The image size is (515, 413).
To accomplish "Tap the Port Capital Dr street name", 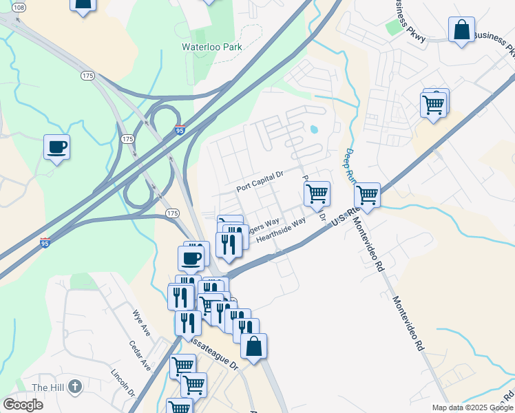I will pyautogui.click(x=260, y=183).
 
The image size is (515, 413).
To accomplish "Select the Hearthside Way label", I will pyautogui.click(x=280, y=231).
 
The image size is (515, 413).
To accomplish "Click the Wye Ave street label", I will pyautogui.click(x=142, y=321).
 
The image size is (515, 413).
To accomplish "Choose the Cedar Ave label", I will pyautogui.click(x=140, y=355).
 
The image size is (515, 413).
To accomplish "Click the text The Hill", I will pyautogui.click(x=48, y=388).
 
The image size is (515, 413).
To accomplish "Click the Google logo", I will pyautogui.click(x=23, y=404).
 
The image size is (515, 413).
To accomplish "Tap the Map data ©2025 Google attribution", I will pyautogui.click(x=472, y=407).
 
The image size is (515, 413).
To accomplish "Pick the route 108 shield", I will pyautogui.click(x=19, y=7).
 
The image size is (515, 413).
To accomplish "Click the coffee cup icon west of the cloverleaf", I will pyautogui.click(x=56, y=146).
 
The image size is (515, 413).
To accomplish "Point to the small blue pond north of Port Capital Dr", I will pyautogui.click(x=314, y=129).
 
